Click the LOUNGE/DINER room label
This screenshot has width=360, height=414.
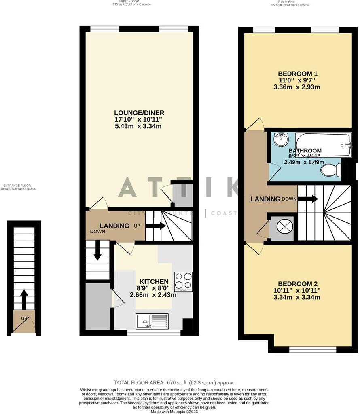139,113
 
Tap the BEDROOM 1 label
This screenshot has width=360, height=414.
297,74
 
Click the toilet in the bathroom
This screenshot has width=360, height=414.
331,170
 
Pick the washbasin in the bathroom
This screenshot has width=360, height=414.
280,140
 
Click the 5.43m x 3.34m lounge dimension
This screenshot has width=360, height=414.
138,126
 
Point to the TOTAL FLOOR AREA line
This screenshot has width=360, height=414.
174,382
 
